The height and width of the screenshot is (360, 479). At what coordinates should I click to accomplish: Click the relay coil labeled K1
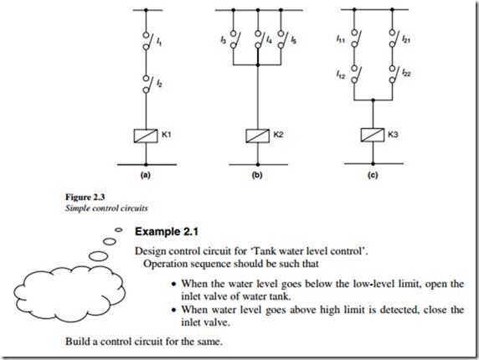(146, 136)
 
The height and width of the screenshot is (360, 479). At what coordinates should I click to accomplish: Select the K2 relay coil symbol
(258, 136)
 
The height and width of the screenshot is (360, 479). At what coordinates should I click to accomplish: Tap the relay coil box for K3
(373, 135)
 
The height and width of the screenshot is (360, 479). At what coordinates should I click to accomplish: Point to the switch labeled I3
(234, 39)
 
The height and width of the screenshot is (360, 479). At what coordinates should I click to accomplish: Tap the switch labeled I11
(356, 39)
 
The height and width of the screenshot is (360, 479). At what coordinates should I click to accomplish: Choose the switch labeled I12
(356, 75)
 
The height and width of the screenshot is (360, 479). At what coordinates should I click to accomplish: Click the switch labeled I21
(394, 39)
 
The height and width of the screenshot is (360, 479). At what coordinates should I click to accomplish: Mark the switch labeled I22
(394, 75)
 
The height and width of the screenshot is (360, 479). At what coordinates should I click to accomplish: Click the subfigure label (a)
(145, 176)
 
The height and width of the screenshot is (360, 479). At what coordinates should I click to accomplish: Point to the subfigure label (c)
(373, 176)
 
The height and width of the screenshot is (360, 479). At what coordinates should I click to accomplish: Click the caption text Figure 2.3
(85, 198)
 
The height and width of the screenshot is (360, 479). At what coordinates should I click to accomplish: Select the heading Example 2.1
(167, 232)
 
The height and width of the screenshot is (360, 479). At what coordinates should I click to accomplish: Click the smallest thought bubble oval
(119, 229)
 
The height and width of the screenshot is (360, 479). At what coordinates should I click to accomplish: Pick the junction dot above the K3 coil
(373, 100)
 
